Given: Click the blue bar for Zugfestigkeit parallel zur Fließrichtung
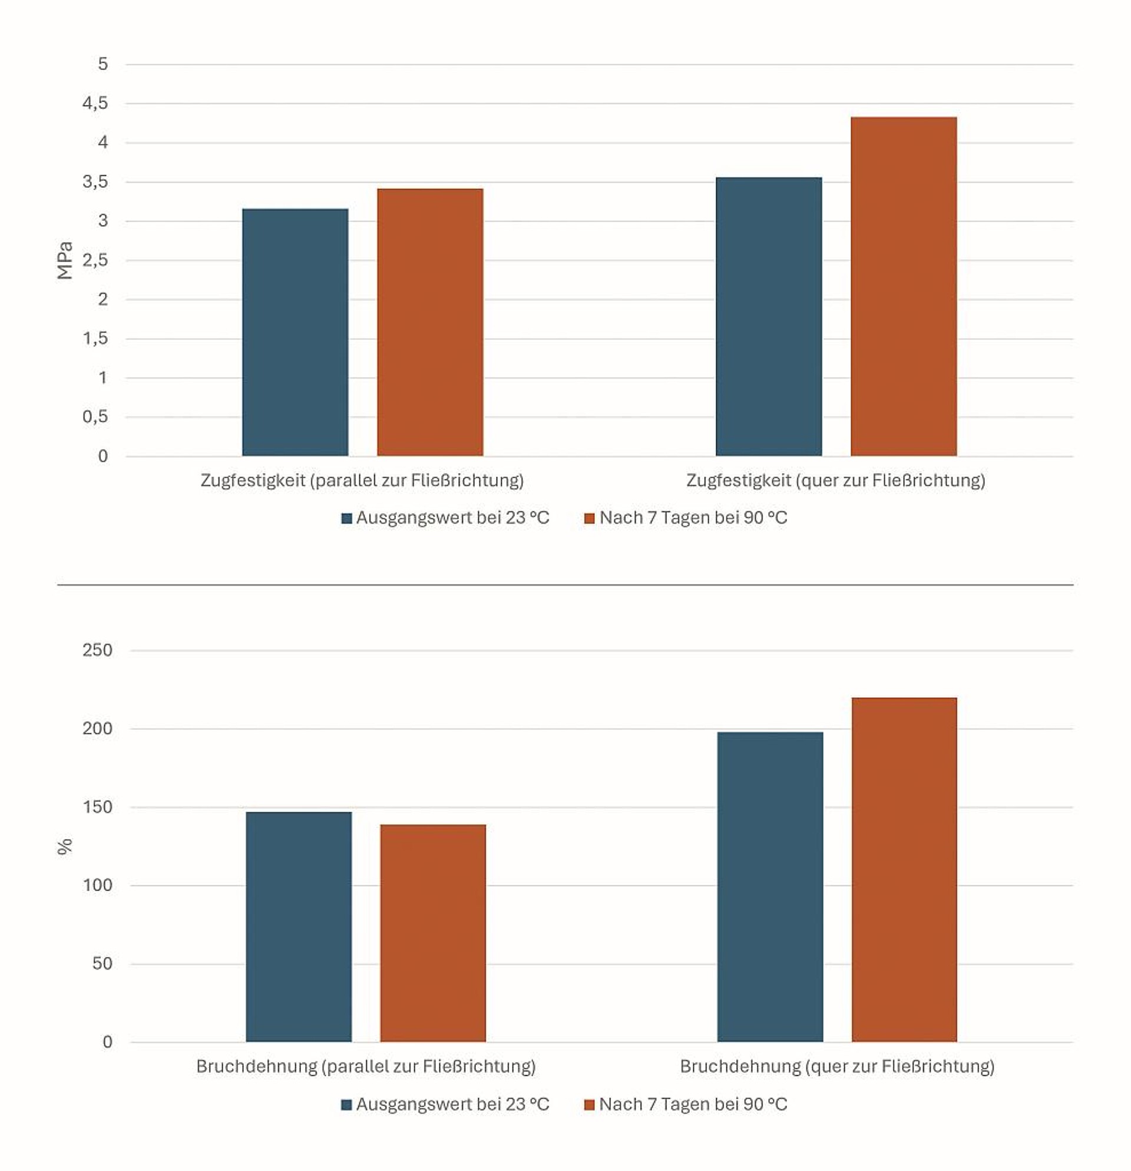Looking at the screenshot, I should [295, 332].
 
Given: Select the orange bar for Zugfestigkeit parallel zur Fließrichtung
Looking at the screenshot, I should [430, 323].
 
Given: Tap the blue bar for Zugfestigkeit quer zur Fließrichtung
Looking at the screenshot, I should [769, 317].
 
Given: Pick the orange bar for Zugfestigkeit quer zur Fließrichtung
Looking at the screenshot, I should [904, 287].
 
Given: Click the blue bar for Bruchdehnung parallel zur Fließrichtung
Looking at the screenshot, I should [299, 927].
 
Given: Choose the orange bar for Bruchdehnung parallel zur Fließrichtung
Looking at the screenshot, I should [433, 933].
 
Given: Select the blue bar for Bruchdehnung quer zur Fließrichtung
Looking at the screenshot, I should [770, 887].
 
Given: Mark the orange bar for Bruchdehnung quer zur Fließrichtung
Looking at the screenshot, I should [904, 870].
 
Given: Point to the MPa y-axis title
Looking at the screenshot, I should [65, 260].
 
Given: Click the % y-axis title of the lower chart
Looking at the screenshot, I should [65, 846].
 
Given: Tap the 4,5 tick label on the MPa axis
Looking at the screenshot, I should [95, 103].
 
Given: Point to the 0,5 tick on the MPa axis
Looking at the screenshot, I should [95, 417].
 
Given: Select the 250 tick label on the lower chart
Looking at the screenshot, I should [97, 650].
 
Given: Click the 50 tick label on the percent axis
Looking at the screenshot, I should [102, 964].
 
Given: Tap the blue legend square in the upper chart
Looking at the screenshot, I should [346, 518].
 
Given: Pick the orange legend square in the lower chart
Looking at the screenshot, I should [589, 1104].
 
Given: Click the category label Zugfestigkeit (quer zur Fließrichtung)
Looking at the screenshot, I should [835, 480].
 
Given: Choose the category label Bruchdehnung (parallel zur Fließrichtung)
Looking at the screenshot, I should [366, 1066].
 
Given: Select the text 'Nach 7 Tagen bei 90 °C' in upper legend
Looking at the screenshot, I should [693, 517].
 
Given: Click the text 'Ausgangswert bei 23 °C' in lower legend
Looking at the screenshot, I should [452, 1104].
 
